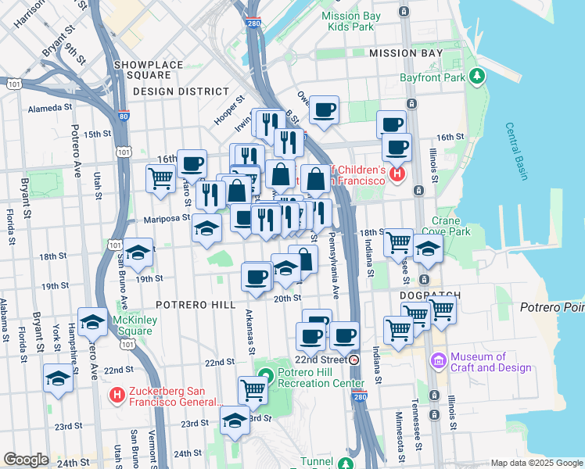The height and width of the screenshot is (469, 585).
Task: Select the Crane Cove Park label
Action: coord(446,226)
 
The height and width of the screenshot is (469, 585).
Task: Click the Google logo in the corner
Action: coord(26,460)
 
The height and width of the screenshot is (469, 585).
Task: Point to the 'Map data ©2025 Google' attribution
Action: coord(536,463)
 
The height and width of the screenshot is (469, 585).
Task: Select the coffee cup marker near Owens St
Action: coord(323,109)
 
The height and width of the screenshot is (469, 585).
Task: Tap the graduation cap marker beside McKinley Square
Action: coord(92,321)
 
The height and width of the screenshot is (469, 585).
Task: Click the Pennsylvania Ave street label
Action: coord(334,266)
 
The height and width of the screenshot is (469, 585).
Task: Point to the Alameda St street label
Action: coord(49,109)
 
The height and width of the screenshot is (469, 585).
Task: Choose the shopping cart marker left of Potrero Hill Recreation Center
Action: coord(253,388)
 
